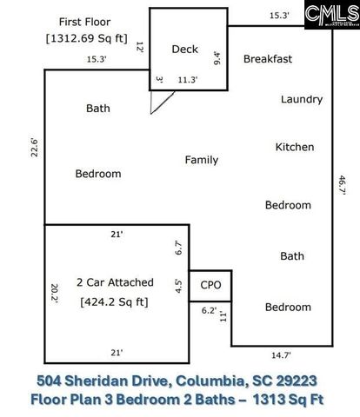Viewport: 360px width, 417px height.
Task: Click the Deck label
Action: [x=186, y=50]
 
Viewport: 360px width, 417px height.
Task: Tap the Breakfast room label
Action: [x=267, y=59]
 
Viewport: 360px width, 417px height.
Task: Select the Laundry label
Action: [x=302, y=99]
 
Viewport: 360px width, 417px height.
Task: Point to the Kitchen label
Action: [x=295, y=147]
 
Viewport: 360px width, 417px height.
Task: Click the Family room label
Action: [x=201, y=160]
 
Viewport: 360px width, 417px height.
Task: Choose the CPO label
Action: [x=210, y=284]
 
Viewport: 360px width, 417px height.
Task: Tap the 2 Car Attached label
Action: [x=115, y=282]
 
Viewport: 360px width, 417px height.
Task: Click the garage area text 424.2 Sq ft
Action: [x=115, y=302]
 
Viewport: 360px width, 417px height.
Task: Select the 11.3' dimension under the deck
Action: [x=188, y=81]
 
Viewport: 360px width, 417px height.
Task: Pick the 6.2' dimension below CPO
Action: [x=210, y=310]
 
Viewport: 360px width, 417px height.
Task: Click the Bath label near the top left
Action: [x=97, y=109]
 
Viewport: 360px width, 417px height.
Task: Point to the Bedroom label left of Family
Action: [x=97, y=174]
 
